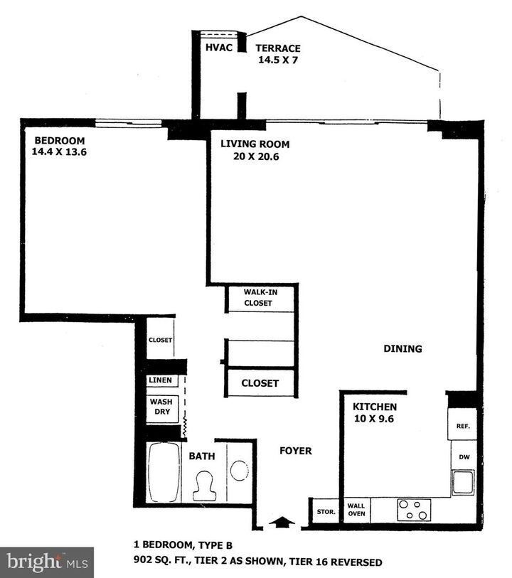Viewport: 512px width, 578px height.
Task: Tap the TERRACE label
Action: coord(278,48)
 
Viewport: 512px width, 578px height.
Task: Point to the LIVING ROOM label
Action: coord(255,144)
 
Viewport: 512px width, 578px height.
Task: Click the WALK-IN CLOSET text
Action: coord(259,297)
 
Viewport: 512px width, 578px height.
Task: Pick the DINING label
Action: coord(403,349)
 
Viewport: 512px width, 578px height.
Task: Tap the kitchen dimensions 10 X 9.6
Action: coord(373,419)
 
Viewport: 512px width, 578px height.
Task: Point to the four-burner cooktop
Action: coord(413,510)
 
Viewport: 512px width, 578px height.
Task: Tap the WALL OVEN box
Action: coord(356,510)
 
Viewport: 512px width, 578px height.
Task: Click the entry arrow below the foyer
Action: coord(282,523)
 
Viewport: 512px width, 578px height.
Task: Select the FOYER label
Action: coord(295,451)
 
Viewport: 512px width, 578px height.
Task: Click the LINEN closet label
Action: coord(160,380)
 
